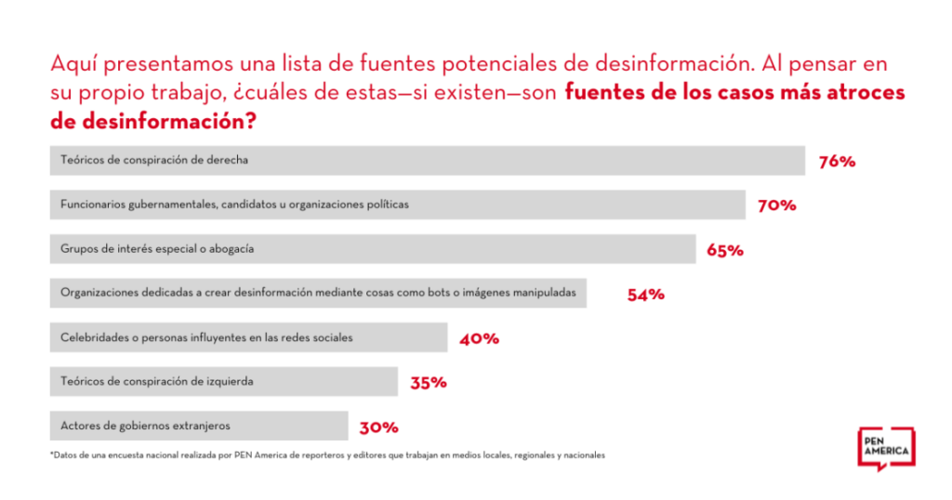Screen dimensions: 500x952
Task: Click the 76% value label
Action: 837,161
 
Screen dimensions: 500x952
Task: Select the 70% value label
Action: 777,205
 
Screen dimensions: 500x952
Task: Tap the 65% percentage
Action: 724,250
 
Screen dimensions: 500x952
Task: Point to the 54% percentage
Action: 645,295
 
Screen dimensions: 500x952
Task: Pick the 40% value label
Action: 479,338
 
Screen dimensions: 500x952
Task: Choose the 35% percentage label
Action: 429,382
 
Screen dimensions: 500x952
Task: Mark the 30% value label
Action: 379,428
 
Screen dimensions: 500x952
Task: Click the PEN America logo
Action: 885,449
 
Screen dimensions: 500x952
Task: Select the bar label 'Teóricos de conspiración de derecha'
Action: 154,160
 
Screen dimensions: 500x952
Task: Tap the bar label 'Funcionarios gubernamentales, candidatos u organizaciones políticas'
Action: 233,204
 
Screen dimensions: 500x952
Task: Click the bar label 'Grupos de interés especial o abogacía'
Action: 157,249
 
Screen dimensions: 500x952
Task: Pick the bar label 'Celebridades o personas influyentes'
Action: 206,337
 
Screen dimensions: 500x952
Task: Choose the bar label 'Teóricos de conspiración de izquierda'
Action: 156,381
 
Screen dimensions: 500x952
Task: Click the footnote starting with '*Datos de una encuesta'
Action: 327,455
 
